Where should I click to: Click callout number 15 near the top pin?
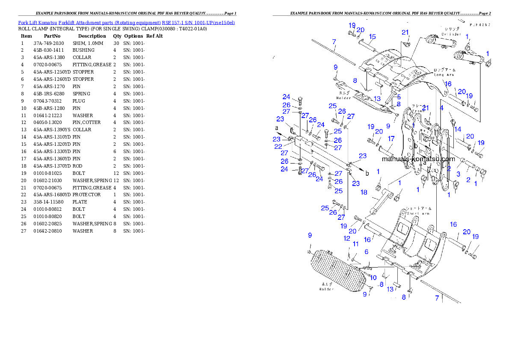[372, 36]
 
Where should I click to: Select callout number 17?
[391, 139]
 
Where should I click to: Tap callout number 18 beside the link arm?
[364, 192]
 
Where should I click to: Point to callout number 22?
[278, 146]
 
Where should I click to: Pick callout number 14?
[458, 129]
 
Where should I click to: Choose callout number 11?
[355, 244]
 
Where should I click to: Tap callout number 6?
[366, 252]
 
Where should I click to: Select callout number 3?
[458, 174]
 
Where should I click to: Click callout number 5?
[399, 97]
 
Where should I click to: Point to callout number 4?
[442, 108]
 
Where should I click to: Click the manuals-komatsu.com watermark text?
[418, 159]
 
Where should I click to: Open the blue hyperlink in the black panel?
[126, 22]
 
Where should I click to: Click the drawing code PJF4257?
[479, 25]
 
